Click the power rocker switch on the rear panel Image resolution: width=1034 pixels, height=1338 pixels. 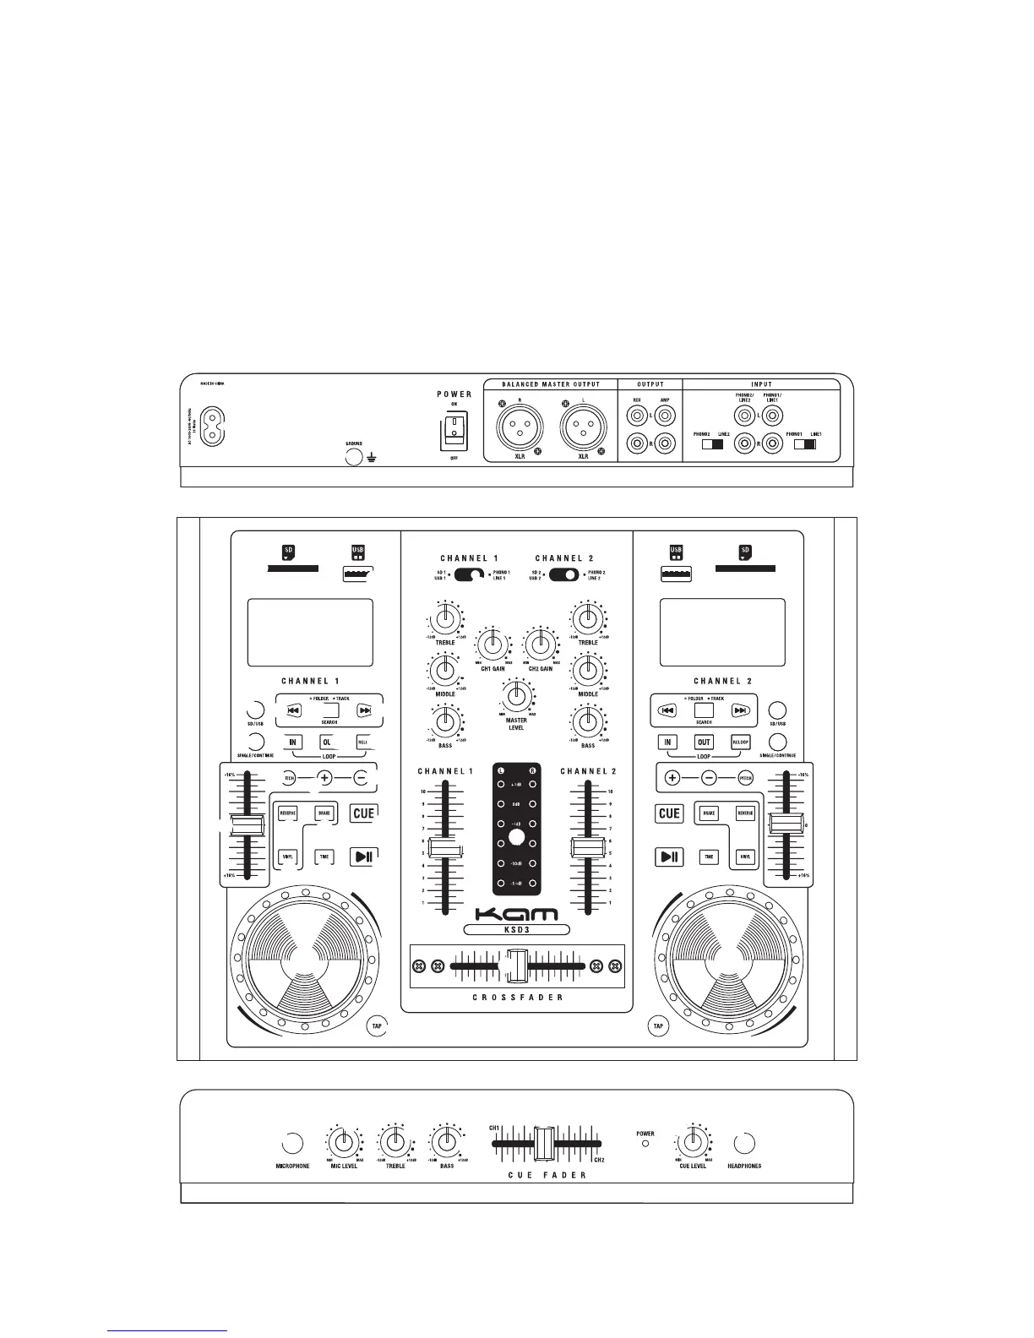pos(454,428)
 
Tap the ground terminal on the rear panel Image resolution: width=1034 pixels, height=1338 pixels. pos(354,458)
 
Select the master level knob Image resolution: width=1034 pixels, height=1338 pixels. pos(516,697)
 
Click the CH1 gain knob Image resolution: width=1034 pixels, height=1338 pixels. pos(493,645)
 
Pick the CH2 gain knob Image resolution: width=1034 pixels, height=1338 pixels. pos(540,645)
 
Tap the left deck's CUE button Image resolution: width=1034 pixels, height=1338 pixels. pos(363,813)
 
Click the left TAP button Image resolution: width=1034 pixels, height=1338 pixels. pos(378,1026)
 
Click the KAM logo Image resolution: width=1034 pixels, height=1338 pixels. pos(516,914)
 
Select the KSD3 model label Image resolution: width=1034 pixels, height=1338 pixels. pos(516,930)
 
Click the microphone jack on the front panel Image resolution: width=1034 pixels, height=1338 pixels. pos(292,1144)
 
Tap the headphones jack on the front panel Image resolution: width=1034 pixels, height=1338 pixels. pos(744,1144)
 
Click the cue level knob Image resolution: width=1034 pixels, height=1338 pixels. pos(693,1143)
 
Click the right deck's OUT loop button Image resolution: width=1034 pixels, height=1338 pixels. pos(704,742)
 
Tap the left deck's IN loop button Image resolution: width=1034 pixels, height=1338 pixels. pos(293,742)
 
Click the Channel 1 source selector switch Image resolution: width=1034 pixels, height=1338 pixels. pos(469,575)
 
